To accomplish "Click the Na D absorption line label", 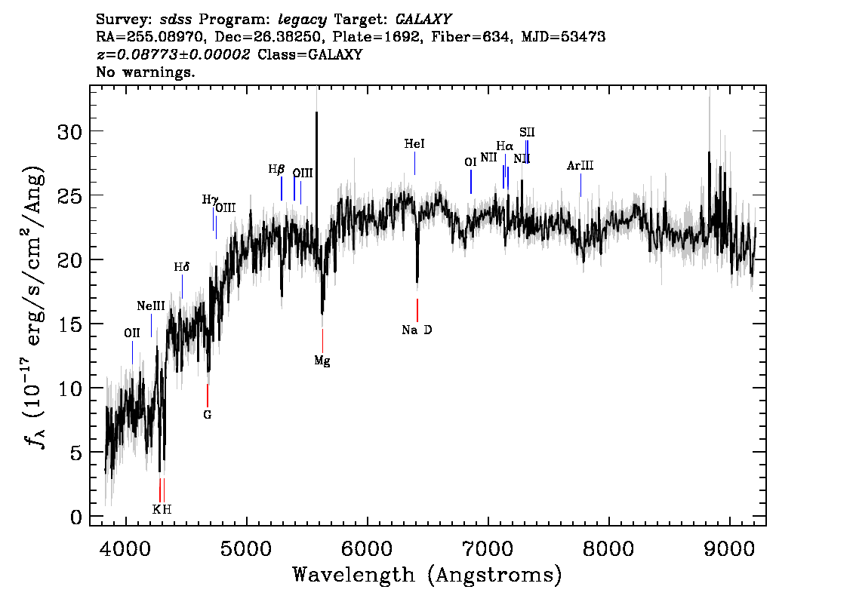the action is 417,330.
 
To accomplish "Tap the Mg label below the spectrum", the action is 322,361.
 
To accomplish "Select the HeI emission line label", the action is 414,144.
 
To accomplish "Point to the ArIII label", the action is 580,165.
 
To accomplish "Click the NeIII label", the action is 151,306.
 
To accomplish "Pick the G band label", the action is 208,415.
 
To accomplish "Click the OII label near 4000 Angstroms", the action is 131,333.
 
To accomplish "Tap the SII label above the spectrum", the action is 527,132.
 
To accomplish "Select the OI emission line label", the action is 470,162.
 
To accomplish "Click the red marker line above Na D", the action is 417,311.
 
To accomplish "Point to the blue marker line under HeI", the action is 415,163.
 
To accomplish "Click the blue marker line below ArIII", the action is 580,185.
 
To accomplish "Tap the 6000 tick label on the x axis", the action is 368,548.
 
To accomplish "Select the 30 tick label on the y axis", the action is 70,131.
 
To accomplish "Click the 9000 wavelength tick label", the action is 729,548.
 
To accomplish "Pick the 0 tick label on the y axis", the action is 76,517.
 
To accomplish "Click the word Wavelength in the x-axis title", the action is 354,575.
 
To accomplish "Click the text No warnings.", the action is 145,72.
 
